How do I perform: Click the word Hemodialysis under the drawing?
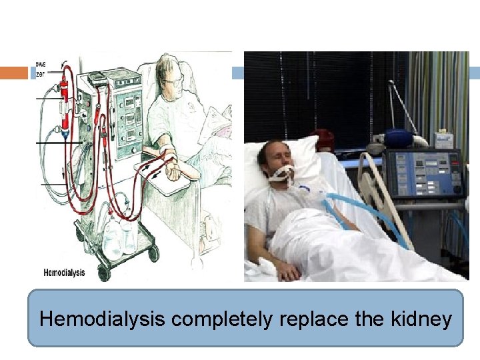[x=64, y=273]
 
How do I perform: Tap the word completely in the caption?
[x=220, y=319]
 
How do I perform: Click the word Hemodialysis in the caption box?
[x=102, y=319]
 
